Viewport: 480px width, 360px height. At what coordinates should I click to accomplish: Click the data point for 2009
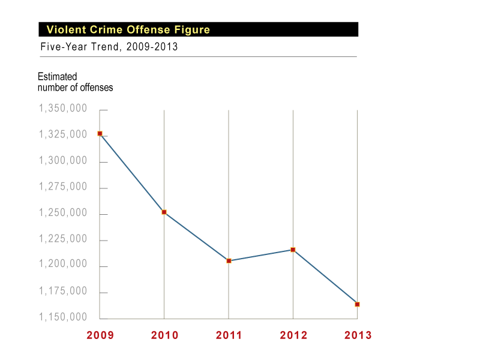100,133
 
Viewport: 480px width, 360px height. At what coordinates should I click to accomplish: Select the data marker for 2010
164,212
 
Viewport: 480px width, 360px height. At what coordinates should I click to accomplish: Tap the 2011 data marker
229,261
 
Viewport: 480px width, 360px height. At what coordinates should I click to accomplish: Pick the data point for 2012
293,250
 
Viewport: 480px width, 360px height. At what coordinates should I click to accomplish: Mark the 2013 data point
357,304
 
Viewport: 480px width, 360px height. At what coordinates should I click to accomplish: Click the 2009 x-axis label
100,335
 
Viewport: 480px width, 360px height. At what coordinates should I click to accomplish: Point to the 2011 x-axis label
229,335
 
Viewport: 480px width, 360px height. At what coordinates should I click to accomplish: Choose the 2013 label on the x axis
358,335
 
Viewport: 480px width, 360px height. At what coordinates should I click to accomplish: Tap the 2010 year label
164,335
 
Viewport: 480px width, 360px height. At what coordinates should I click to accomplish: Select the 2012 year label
293,335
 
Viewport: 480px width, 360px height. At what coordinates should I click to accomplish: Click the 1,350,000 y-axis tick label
63,109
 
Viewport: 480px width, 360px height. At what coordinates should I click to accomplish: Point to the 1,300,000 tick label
63,161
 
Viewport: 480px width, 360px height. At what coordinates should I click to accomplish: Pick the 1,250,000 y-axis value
63,213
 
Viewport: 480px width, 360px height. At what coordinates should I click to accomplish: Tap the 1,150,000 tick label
63,317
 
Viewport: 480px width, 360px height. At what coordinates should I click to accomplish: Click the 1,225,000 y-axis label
63,239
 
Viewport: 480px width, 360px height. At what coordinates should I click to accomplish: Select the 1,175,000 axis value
63,291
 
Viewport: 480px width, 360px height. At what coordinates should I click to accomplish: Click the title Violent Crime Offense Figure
128,30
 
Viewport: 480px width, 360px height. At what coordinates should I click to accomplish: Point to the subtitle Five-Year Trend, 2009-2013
109,47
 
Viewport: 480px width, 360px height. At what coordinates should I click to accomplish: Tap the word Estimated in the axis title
58,77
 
